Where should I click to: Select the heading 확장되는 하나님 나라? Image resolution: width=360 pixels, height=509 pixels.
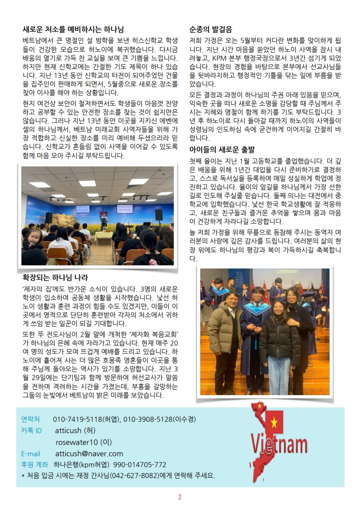[55, 277]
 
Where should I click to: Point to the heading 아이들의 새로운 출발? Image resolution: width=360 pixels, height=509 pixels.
[222, 149]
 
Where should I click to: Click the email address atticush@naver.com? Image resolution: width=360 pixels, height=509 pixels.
[89, 454]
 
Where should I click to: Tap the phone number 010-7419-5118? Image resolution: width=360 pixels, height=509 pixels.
[78, 419]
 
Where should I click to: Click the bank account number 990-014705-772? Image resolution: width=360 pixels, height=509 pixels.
[140, 465]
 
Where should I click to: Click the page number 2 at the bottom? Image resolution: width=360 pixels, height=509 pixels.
[180, 497]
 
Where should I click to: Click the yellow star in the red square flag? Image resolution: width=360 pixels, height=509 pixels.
[274, 423]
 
